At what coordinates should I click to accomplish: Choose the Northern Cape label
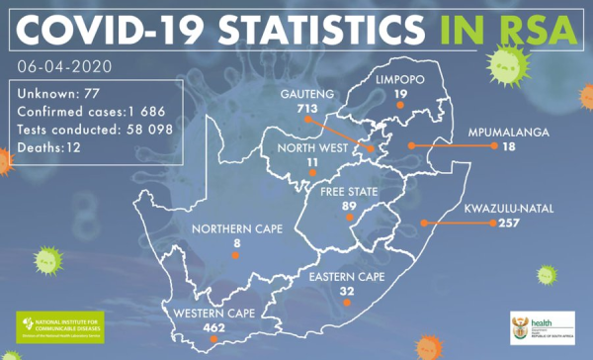pos(236,229)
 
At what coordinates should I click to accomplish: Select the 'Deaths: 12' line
pos(47,147)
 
